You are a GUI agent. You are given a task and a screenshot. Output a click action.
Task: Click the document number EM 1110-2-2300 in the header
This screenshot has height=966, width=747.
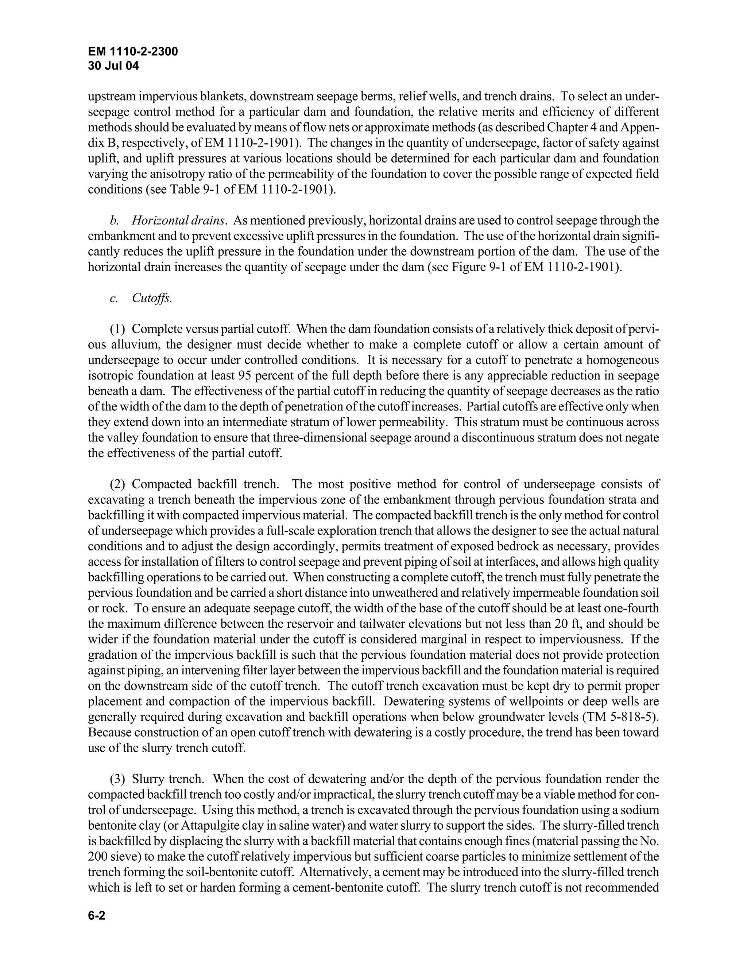(133, 52)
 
